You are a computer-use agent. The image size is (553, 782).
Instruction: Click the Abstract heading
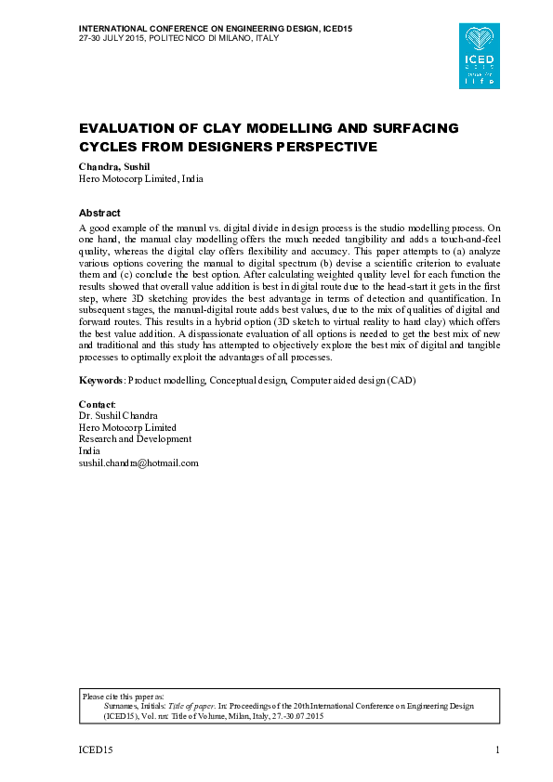(x=99, y=213)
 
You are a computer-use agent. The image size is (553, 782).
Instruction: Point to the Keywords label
(x=100, y=381)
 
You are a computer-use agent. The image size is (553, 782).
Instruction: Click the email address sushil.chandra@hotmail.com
(x=138, y=463)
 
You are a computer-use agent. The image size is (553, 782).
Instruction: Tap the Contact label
(x=97, y=404)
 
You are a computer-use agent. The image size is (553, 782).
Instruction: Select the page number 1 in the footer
(x=498, y=749)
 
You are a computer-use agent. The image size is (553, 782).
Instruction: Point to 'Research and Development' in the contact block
(x=135, y=438)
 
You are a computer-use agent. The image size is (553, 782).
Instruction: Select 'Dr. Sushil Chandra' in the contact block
(x=118, y=415)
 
